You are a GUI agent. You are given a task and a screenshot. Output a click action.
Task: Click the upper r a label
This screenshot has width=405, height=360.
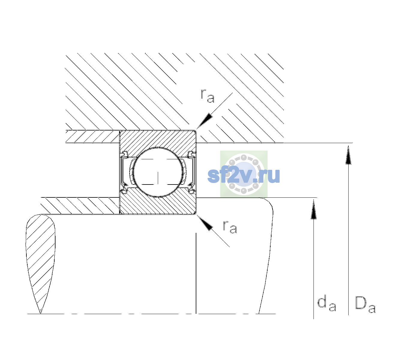click(207, 96)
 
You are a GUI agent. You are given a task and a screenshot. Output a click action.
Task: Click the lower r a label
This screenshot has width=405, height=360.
click(230, 227)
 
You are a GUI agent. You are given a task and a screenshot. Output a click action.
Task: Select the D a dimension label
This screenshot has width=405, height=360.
click(365, 304)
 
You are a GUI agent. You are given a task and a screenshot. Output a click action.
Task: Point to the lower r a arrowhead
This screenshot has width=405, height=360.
click(205, 223)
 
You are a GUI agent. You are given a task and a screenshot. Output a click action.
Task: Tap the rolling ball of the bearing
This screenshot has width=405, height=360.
click(158, 172)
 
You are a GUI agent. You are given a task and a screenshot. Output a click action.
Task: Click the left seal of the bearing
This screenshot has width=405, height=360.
click(124, 172)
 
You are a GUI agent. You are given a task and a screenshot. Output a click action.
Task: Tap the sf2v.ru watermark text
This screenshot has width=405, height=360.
click(244, 175)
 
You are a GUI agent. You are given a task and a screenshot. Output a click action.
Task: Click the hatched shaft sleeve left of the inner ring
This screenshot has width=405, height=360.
click(80, 206)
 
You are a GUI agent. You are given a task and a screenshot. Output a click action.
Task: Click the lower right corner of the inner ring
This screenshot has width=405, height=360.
click(196, 214)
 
